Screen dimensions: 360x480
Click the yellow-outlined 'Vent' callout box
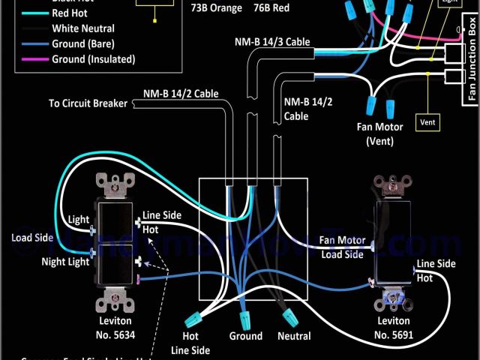point(428,121)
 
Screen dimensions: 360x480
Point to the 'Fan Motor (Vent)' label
point(385,133)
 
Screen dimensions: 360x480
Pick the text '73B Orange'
point(217,8)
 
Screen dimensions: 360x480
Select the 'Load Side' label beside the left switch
point(32,238)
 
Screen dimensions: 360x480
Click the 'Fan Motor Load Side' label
point(343,247)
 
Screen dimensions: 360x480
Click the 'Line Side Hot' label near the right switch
point(436,270)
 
